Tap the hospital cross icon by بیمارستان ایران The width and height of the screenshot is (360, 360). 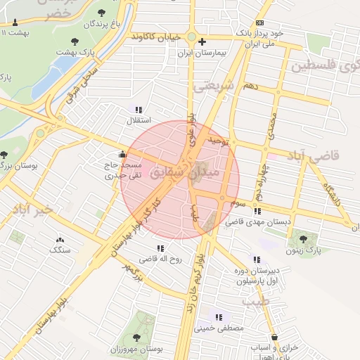pos(202,41)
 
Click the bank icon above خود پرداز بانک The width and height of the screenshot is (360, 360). pos(259,23)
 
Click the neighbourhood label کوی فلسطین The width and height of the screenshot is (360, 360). pos(324,67)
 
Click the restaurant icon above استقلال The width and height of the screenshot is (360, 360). pos(138,110)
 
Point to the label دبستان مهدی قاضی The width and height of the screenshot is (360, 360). pos(258,221)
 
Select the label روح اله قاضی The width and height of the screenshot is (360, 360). pos(160,259)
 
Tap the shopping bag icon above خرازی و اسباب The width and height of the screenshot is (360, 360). pos(275,337)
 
